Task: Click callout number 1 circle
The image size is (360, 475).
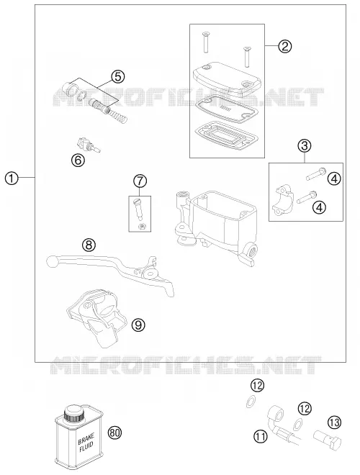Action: [x=12, y=178]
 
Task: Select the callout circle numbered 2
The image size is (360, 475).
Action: [x=285, y=46]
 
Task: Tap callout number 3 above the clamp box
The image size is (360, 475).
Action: [x=305, y=145]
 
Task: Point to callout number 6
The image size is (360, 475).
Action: [x=78, y=160]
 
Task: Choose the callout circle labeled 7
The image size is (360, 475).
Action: [x=140, y=181]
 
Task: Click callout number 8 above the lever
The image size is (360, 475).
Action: [x=89, y=245]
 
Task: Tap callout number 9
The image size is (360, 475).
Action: [x=138, y=325]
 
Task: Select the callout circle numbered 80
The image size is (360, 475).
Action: [x=114, y=433]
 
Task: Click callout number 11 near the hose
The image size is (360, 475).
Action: [x=261, y=437]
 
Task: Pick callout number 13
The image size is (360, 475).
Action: [x=335, y=422]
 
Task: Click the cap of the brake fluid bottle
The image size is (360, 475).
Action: [x=73, y=412]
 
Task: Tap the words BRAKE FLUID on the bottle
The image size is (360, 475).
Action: [x=86, y=443]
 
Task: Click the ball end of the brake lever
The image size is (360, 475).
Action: [x=52, y=261]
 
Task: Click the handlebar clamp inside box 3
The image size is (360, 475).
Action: [x=282, y=201]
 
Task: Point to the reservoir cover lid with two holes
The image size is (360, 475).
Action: [x=226, y=78]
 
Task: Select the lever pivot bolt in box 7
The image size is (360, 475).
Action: [x=138, y=208]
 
